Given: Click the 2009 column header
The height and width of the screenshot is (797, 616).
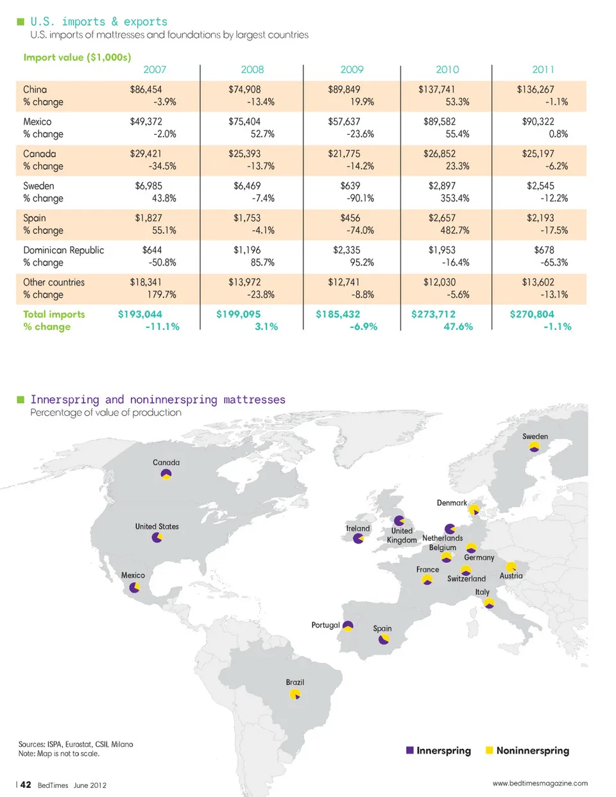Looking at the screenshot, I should pyautogui.click(x=352, y=69).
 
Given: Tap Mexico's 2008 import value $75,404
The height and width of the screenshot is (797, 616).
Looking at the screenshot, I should pyautogui.click(x=244, y=122).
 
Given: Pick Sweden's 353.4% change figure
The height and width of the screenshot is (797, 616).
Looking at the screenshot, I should pyautogui.click(x=455, y=198).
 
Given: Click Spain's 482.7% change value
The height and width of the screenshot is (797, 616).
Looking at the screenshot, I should pyautogui.click(x=455, y=230).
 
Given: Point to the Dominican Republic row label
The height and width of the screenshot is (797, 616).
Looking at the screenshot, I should pyautogui.click(x=64, y=250).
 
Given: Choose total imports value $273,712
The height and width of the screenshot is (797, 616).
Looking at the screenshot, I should pyautogui.click(x=433, y=314).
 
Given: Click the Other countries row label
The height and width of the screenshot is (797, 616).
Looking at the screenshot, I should pyautogui.click(x=54, y=282).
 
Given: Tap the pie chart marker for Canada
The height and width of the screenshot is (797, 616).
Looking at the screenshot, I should pyautogui.click(x=166, y=475).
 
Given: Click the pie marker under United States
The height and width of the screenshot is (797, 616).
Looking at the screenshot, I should pyautogui.click(x=157, y=538).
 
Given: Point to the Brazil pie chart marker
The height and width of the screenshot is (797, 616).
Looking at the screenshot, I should pyautogui.click(x=295, y=694).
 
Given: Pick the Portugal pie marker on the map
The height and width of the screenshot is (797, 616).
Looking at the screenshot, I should pyautogui.click(x=348, y=626).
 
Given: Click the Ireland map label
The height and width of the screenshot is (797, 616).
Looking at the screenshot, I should pyautogui.click(x=358, y=529).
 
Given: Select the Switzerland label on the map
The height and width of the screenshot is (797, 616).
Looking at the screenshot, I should pyautogui.click(x=466, y=579).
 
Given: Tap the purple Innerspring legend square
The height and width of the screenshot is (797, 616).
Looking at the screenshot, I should pyautogui.click(x=410, y=750).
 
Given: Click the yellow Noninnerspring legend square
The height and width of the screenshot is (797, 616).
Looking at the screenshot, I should pyautogui.click(x=490, y=750).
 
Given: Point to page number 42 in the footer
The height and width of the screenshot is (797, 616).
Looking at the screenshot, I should pyautogui.click(x=26, y=784).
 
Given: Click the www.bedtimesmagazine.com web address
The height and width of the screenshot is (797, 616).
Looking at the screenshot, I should pyautogui.click(x=540, y=783).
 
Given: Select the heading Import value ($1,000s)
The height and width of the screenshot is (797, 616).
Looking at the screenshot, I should pyautogui.click(x=77, y=57).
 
